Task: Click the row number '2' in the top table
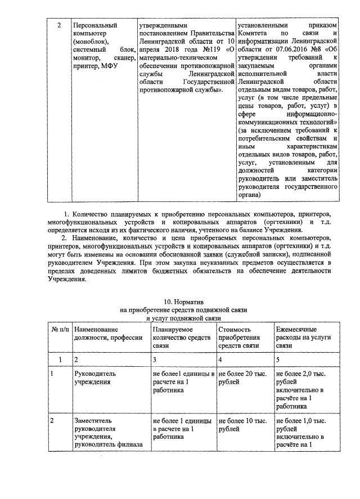(60, 26)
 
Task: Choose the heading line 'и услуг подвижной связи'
(180, 318)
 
